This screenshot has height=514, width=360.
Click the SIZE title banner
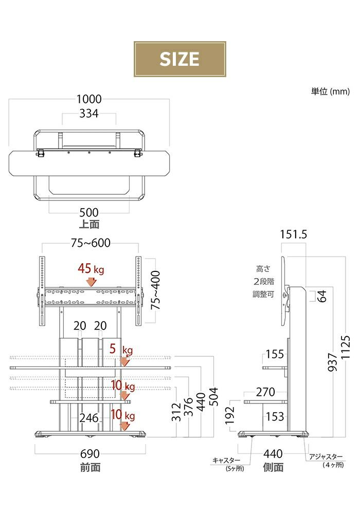179,59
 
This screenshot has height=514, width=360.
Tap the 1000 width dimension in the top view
89,99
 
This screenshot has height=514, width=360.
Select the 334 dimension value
89,114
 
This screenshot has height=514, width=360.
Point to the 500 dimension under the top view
89,212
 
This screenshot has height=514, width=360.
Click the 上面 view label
89,224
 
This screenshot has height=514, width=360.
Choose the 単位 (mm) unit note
330,91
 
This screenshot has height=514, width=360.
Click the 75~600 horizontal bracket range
91,243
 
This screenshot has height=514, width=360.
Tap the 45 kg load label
91,269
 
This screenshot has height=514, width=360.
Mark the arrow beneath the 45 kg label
91,282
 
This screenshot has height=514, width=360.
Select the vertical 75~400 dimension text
155,290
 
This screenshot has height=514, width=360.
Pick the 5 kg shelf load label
121,349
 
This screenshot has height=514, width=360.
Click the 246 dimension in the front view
89,418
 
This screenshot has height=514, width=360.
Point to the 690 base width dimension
90,454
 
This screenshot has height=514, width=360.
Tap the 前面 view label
90,467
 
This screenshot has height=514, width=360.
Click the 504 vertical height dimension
213,397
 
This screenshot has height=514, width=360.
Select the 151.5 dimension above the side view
294,234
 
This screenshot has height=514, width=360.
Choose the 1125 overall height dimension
346,347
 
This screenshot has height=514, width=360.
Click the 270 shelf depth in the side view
265,392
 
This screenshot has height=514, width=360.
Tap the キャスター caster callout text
226,461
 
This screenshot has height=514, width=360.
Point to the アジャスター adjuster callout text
326,456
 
